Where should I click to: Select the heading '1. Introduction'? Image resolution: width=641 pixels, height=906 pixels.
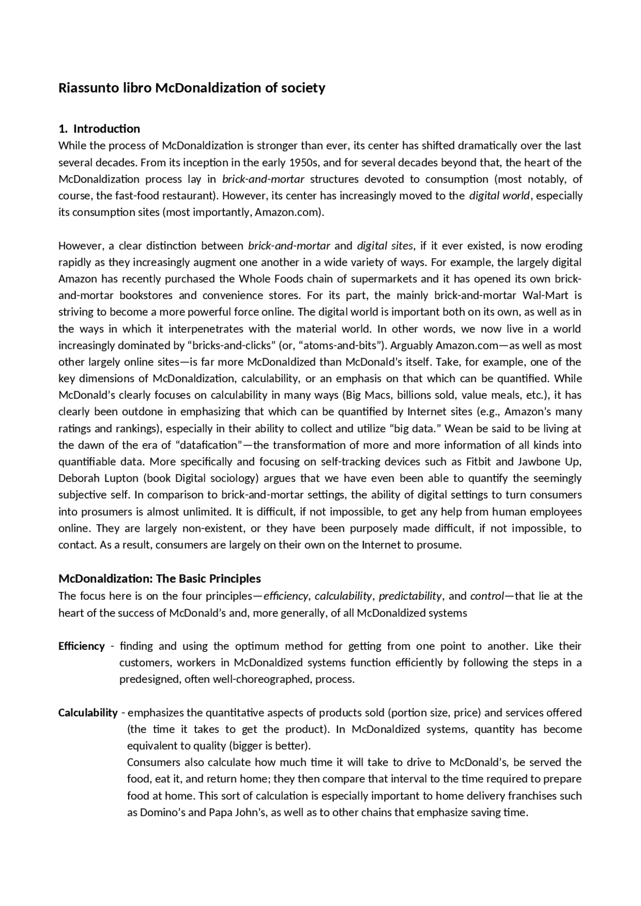click(99, 129)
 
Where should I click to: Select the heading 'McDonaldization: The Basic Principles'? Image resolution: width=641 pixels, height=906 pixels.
click(160, 579)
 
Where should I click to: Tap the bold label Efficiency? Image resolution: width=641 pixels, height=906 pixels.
click(82, 646)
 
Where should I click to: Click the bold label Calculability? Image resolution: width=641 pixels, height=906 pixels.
click(88, 712)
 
